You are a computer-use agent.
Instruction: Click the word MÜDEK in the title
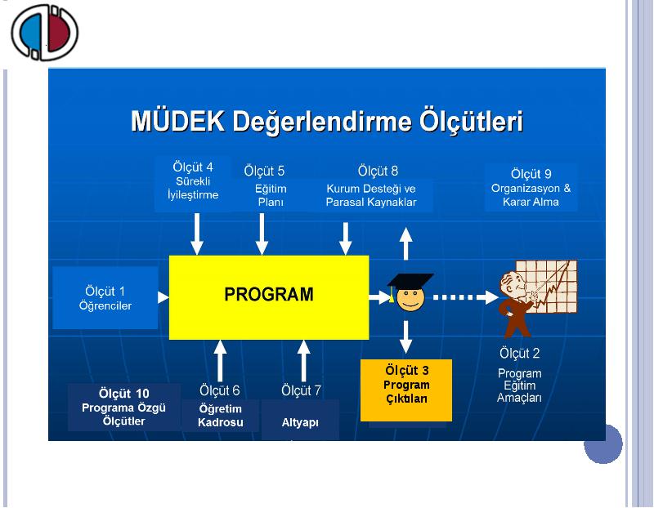pyautogui.click(x=177, y=121)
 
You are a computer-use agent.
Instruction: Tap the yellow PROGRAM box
pyautogui.click(x=269, y=297)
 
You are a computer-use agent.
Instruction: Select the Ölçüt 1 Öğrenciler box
pyautogui.click(x=105, y=298)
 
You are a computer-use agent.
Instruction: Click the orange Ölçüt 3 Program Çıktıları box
pyautogui.click(x=405, y=390)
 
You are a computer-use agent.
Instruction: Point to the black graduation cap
pyautogui.click(x=410, y=281)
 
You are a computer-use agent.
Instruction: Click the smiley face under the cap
pyautogui.click(x=410, y=300)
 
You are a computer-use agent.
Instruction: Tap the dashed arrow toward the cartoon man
pyautogui.click(x=466, y=297)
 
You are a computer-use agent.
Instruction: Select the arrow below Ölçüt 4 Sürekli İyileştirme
pyautogui.click(x=197, y=234)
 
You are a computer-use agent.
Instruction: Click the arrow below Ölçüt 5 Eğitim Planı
pyautogui.click(x=262, y=234)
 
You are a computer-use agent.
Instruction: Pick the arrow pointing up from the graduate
pyautogui.click(x=405, y=243)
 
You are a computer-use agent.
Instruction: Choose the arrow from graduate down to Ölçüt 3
pyautogui.click(x=405, y=336)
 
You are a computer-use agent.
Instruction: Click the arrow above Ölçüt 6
pyautogui.click(x=220, y=360)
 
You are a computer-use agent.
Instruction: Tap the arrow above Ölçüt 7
pyautogui.click(x=303, y=360)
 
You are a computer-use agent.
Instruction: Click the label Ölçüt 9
pyautogui.click(x=531, y=174)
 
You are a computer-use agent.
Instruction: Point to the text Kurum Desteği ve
pyautogui.click(x=371, y=189)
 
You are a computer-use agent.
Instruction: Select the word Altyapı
pyautogui.click(x=300, y=422)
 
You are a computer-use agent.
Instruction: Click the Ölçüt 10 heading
pyautogui.click(x=124, y=394)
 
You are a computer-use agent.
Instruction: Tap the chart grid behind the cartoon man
pyautogui.click(x=546, y=286)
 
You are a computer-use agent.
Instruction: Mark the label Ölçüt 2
pyautogui.click(x=520, y=354)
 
